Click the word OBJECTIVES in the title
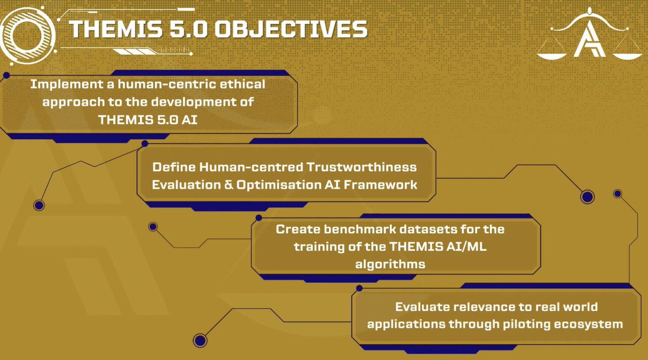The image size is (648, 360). tap(291, 30)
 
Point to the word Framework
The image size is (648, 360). tap(388, 184)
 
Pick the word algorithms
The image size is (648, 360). tap(390, 264)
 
